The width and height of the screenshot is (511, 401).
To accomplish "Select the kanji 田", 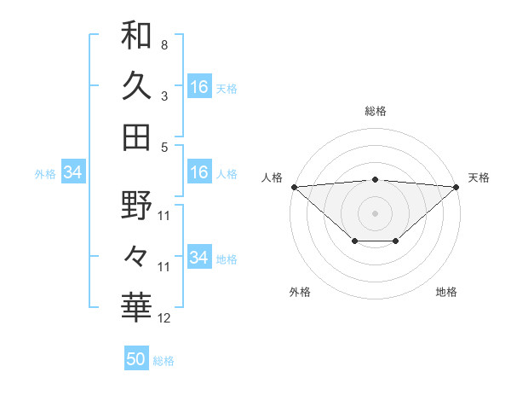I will coord(136,137).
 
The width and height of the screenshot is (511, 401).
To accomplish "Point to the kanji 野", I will coord(136,206).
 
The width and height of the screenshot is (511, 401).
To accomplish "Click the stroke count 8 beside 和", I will coord(164,44).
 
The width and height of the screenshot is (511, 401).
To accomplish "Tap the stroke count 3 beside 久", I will coord(164,96).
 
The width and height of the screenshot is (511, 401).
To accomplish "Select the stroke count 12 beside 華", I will coord(164,319).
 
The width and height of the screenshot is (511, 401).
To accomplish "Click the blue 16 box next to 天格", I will coord(199,87).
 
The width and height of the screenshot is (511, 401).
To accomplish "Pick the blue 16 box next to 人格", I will coord(199,172).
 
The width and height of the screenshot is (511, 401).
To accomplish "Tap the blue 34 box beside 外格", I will coord(73,172).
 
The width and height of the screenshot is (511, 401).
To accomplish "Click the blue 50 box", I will coord(136,359).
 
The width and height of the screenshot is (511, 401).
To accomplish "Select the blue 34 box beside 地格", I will coord(199,258).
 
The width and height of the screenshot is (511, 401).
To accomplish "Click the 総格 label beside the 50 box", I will coord(164,361).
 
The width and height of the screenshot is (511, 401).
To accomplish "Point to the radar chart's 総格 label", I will coord(376,111).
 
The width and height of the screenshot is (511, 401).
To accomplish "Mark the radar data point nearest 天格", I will coord(456,187).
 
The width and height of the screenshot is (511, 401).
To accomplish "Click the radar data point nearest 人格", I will coord(294,187).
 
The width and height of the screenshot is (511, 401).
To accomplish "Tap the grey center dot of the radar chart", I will coord(375,212).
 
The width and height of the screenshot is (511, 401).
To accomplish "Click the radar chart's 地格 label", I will coord(446,292).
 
